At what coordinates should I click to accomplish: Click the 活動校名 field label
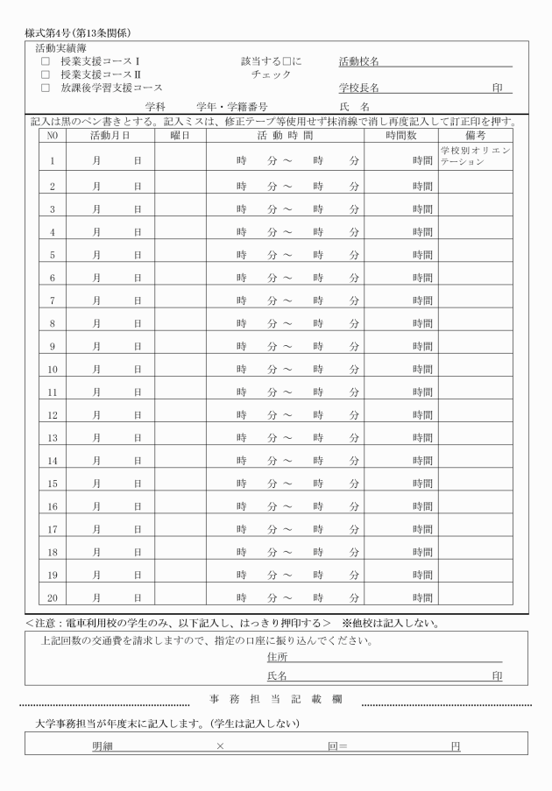coord(359,62)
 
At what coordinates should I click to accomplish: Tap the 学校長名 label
coord(359,88)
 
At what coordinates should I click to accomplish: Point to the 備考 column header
coord(476,136)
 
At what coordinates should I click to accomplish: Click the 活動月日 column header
coord(110,136)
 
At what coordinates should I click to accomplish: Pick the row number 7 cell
coord(53,300)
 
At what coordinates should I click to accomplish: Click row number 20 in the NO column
coord(53,597)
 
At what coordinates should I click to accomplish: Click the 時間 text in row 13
coord(423,437)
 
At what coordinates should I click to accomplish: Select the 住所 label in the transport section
coord(277,657)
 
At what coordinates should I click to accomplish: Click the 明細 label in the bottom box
coord(103,746)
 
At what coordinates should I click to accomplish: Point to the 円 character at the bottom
coord(455,746)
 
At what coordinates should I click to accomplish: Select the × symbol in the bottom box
coord(220,746)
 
